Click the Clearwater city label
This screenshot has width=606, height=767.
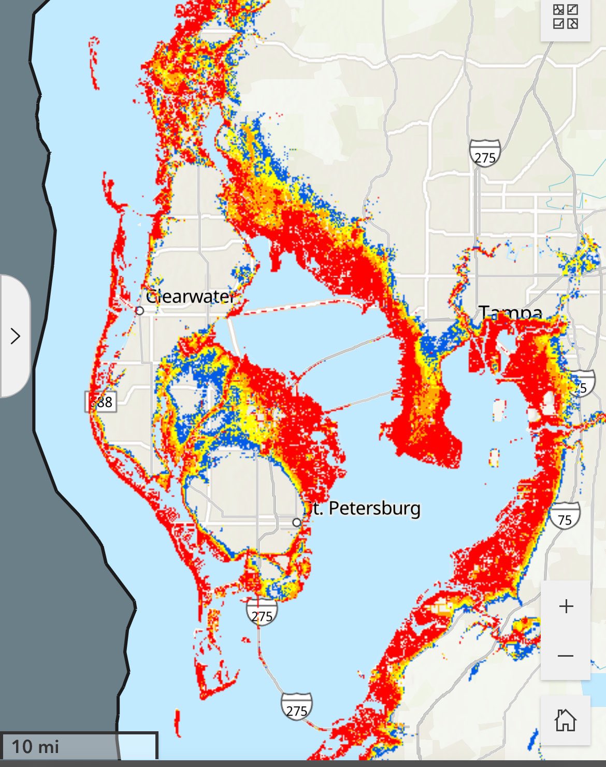click(190, 297)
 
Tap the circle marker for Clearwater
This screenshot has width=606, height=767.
click(139, 311)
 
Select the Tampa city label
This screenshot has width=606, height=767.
click(510, 313)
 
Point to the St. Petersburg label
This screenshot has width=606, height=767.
click(363, 508)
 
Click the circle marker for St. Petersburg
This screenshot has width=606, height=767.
click(296, 523)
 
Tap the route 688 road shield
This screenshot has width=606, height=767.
click(101, 401)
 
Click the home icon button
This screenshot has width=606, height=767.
click(565, 720)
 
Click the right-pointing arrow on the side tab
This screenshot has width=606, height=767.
click(16, 336)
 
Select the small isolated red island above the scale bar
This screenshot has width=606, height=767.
click(178, 723)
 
